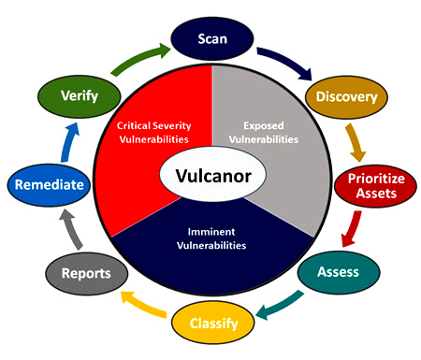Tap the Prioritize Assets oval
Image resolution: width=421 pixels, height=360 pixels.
pyautogui.click(x=370, y=185)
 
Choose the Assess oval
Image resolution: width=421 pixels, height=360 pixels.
pyautogui.click(x=339, y=273)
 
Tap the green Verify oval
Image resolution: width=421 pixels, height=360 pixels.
pyautogui.click(x=80, y=97)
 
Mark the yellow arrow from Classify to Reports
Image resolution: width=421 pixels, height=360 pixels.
pyautogui.click(x=140, y=309)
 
